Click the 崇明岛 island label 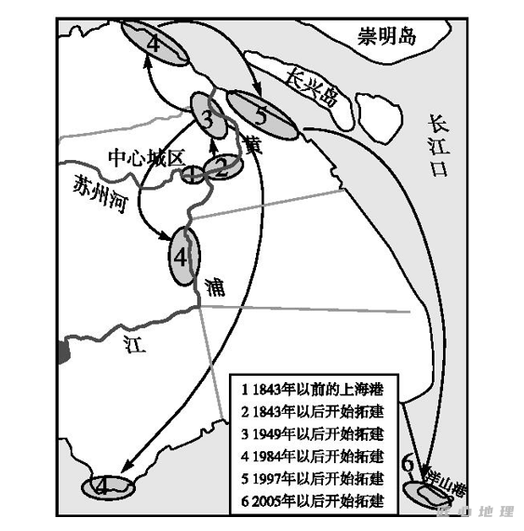390,36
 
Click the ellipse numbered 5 263,116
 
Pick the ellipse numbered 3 207,117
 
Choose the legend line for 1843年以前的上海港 315,390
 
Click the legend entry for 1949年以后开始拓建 315,434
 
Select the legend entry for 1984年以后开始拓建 315,457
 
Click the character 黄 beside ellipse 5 252,145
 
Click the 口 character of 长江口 438,170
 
